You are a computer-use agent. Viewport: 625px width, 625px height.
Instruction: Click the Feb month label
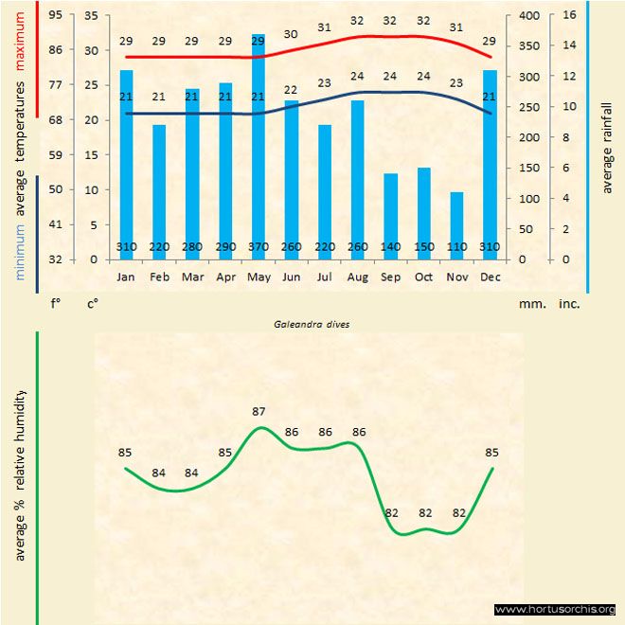point(159,277)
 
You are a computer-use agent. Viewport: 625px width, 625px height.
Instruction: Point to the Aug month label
point(357,277)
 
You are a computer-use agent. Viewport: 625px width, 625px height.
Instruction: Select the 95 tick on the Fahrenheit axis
point(56,15)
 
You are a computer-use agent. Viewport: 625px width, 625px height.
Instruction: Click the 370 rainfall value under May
point(259,248)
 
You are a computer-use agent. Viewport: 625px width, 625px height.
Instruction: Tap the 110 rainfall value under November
point(457,248)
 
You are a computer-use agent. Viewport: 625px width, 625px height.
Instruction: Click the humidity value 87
point(259,412)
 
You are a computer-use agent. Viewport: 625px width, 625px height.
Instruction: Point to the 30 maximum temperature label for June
point(291,34)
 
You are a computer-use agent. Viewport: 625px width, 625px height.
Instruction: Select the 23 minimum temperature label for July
point(324,83)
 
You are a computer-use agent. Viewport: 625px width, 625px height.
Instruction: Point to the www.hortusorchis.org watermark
point(555,609)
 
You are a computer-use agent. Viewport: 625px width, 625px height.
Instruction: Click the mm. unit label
point(530,305)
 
